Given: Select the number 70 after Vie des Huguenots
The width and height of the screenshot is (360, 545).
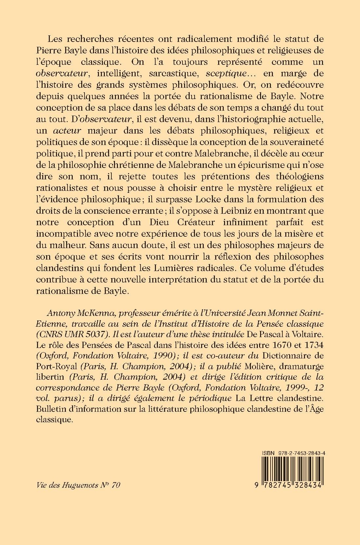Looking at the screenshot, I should click(x=116, y=485).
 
